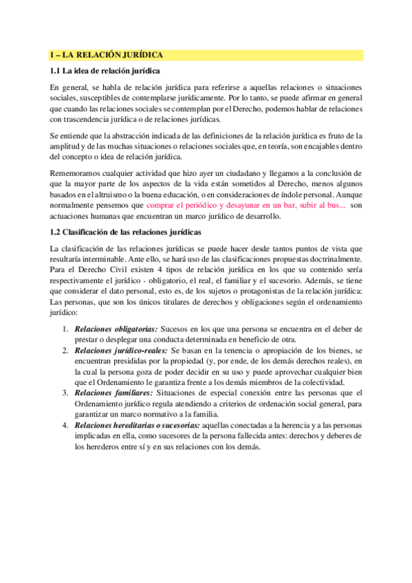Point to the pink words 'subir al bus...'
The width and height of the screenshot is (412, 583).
321,186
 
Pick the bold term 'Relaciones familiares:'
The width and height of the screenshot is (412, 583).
113,393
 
